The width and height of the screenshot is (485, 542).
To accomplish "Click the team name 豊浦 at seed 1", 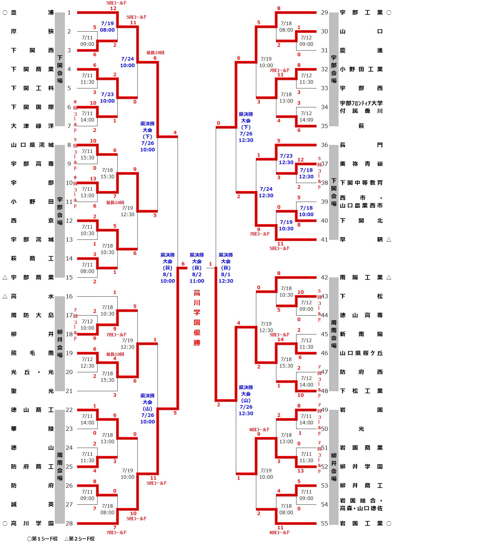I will pyautogui.click(x=32, y=12).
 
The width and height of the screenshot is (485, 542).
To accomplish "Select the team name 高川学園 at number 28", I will pyautogui.click(x=32, y=523).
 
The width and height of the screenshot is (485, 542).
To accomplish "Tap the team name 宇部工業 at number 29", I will pyautogui.click(x=361, y=12).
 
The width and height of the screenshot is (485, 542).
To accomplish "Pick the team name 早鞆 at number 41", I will pyautogui.click(x=361, y=240).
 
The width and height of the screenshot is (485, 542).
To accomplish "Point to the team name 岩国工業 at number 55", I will pyautogui.click(x=361, y=523).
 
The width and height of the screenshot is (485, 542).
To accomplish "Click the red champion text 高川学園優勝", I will pyautogui.click(x=197, y=318).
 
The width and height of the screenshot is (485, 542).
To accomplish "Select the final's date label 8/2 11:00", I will pyautogui.click(x=197, y=278).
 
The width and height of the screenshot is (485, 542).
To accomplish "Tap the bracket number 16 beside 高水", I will pyautogui.click(x=69, y=296).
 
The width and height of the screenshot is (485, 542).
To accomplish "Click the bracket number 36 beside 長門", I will pyautogui.click(x=325, y=145).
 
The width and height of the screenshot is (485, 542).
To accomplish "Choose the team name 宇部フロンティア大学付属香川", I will pyautogui.click(x=361, y=107).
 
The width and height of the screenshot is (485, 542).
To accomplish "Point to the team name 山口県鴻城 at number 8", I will pyautogui.click(x=32, y=145).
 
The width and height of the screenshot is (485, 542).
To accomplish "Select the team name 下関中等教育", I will pyautogui.click(x=361, y=183).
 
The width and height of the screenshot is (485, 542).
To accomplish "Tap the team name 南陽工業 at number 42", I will pyautogui.click(x=361, y=277).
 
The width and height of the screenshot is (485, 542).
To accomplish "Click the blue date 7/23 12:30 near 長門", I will pyautogui.click(x=286, y=159).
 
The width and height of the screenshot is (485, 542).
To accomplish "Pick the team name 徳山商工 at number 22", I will pyautogui.click(x=32, y=410).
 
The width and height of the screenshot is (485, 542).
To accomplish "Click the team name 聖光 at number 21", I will pyautogui.click(x=32, y=391).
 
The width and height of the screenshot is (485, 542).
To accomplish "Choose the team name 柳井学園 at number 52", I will pyautogui.click(x=361, y=467).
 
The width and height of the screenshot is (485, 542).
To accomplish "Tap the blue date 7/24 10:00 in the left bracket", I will pyautogui.click(x=127, y=62).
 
